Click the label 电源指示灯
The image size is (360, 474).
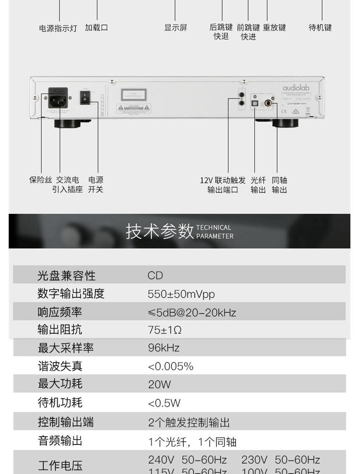57,28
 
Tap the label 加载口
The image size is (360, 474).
96,28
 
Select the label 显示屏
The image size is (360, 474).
175,28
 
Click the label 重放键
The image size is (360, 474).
274,28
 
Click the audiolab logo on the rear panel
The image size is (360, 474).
296,88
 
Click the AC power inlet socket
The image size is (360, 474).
58,98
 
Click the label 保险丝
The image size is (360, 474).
41,180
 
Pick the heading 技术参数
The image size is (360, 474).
159,232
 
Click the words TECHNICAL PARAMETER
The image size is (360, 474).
215,232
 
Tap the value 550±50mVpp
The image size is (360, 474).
181,294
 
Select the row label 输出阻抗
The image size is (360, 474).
60,330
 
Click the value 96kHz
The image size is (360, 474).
164,348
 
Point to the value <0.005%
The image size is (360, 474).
170,366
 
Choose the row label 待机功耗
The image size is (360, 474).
60,402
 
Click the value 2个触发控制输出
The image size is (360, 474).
189,422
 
